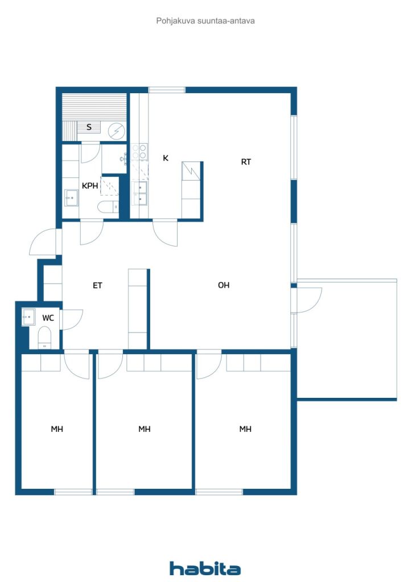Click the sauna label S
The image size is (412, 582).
pyautogui.click(x=89, y=127)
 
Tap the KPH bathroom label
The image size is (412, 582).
pyautogui.click(x=90, y=186)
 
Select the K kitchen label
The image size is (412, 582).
pyautogui.click(x=166, y=158)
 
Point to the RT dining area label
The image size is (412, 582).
pyautogui.click(x=246, y=162)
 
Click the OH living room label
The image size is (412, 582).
pyautogui.click(x=224, y=285)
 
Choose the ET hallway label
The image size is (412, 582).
pyautogui.click(x=97, y=285)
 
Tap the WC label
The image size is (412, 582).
pyautogui.click(x=48, y=318)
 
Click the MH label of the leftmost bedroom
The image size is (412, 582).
pyautogui.click(x=57, y=429)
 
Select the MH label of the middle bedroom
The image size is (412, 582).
pyautogui.click(x=145, y=429)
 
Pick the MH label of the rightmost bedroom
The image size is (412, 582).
pyautogui.click(x=245, y=429)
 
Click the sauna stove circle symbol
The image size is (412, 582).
pyautogui.click(x=117, y=131)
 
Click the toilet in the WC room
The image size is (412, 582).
pyautogui.click(x=44, y=338)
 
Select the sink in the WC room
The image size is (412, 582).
pyautogui.click(x=28, y=317)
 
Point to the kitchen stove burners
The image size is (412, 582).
pyautogui.click(x=139, y=152)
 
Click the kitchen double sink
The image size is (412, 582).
pyautogui.click(x=140, y=193)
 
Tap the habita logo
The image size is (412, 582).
pyautogui.click(x=205, y=568)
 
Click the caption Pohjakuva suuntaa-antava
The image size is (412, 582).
pyautogui.click(x=205, y=21)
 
